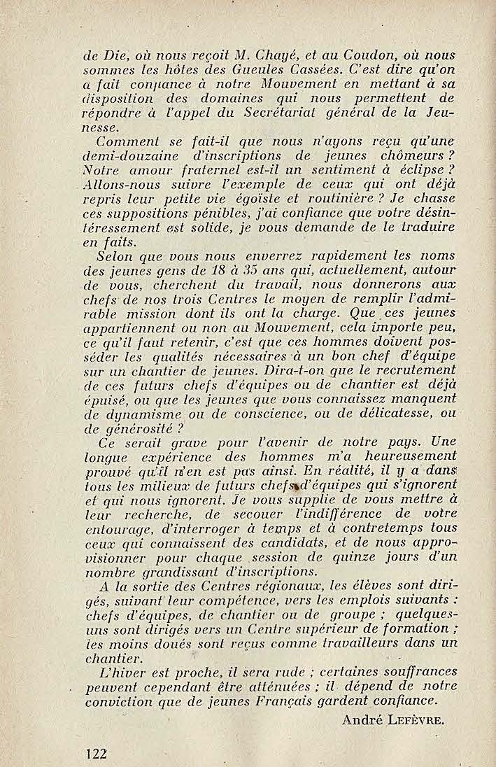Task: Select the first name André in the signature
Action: click(362, 720)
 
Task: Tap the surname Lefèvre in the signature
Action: click(418, 720)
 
